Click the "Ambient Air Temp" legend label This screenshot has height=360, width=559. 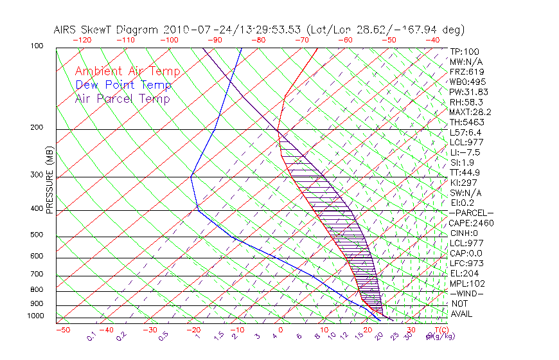point(127,72)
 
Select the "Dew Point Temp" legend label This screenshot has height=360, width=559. point(123,85)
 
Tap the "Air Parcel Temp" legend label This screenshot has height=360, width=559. point(122,99)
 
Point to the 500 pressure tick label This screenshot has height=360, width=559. point(38,235)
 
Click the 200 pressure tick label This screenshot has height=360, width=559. point(38,127)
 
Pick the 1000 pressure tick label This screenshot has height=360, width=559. point(36,316)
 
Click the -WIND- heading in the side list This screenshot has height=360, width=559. point(467,293)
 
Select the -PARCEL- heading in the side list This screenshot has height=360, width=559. point(471,213)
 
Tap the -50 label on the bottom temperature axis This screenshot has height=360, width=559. point(62,330)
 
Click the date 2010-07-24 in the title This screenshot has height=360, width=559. point(191,30)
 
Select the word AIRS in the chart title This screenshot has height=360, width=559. point(66,30)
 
